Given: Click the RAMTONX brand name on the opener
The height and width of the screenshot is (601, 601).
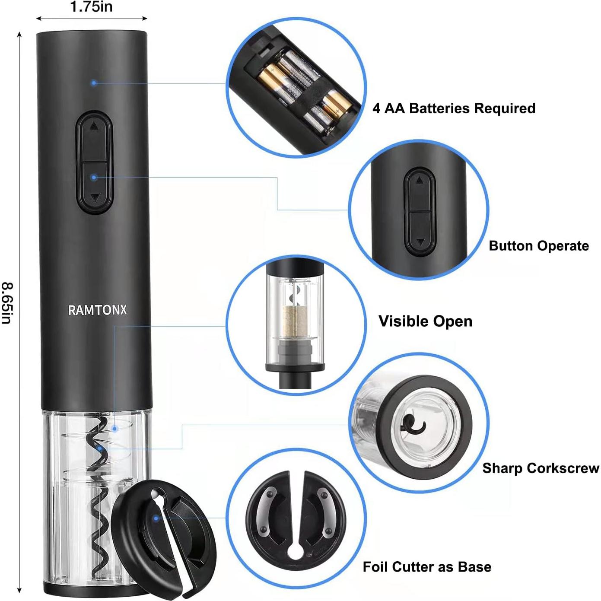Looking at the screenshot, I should coord(97,310).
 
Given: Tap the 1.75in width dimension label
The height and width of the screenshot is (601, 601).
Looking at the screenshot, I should coord(91,7).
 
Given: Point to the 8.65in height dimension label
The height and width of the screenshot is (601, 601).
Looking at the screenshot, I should coord(7,303).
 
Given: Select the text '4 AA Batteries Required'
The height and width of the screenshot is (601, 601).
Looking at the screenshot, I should coord(454,108).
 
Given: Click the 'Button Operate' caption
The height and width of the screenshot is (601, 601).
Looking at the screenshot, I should coord(538,246).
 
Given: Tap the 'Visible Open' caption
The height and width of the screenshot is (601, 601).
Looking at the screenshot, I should coord(425,321).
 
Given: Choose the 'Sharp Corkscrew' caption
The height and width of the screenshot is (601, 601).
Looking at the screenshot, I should coord(541,468).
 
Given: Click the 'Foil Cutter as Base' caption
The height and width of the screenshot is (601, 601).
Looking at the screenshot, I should coord(427,566).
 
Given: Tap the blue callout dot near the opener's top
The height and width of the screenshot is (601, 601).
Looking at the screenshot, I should coord(94,83).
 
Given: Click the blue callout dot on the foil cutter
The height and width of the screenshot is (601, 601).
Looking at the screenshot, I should coord(156,518).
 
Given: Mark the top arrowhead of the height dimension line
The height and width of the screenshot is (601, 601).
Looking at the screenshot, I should coord(19,34).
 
